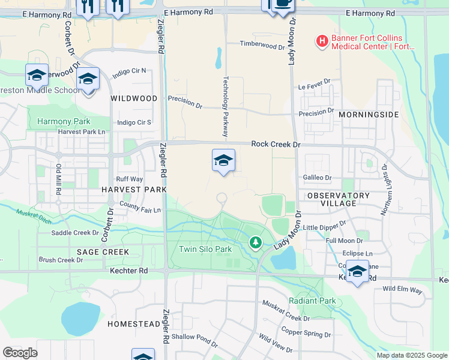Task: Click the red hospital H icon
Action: click(322, 41)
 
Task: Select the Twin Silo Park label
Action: click(205, 249)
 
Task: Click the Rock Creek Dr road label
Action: click(276, 145)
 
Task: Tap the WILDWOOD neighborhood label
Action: click(134, 98)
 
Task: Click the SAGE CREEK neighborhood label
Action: click(103, 252)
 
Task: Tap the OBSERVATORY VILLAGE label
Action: click(339, 200)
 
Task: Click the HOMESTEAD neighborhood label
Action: click(134, 324)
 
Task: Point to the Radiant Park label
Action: click(312, 301)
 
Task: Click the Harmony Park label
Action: click(64, 121)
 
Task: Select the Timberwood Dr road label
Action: click(262, 45)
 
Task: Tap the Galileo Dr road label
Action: click(317, 178)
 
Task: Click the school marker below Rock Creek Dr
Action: click(223, 161)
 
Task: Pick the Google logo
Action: click(20, 352)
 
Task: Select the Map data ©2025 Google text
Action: click(412, 355)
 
